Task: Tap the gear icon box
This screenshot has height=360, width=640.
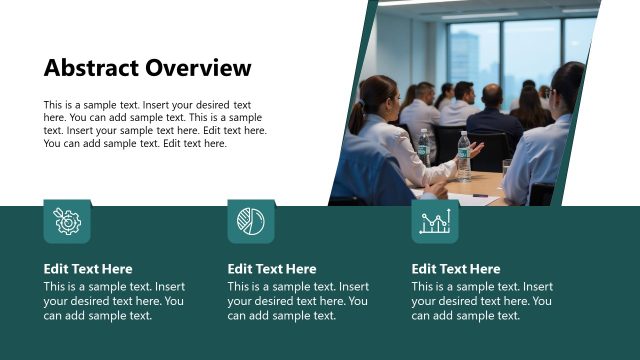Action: point(67,222)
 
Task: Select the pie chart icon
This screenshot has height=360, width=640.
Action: point(251,222)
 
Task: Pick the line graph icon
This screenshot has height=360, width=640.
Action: point(435,222)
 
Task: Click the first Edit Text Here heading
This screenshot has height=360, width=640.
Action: point(88,269)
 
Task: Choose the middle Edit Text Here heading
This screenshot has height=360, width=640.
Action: point(272,269)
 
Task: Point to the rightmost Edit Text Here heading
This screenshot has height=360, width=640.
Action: point(456,269)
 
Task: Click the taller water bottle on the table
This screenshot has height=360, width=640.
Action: point(463,154)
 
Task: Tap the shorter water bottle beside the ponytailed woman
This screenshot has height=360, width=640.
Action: point(424,145)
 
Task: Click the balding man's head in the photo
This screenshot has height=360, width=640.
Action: point(492,96)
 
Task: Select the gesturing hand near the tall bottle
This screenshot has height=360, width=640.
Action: point(476,150)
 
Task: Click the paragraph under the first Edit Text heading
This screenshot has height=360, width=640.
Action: point(114,301)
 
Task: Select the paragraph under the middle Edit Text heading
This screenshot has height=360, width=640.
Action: point(298,301)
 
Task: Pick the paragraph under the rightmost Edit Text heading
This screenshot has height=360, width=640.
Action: point(482,301)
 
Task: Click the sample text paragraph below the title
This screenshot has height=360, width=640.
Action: point(155,124)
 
